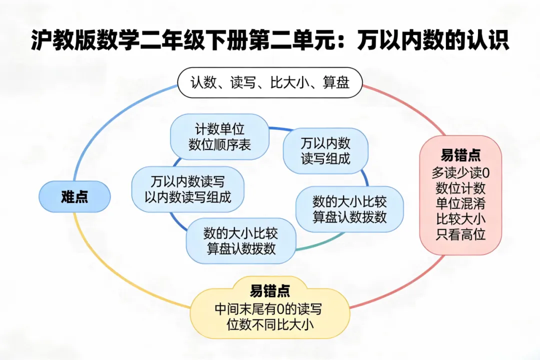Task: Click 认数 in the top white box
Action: pos(204,82)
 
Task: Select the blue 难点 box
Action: pos(74,196)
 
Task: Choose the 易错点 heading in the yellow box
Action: pos(269,290)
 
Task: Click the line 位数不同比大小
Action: pos(269,324)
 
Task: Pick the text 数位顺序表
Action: pos(219,145)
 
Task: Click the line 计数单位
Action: pos(219,130)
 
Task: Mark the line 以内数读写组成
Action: pos(188,196)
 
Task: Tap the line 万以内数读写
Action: pos(188,181)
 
